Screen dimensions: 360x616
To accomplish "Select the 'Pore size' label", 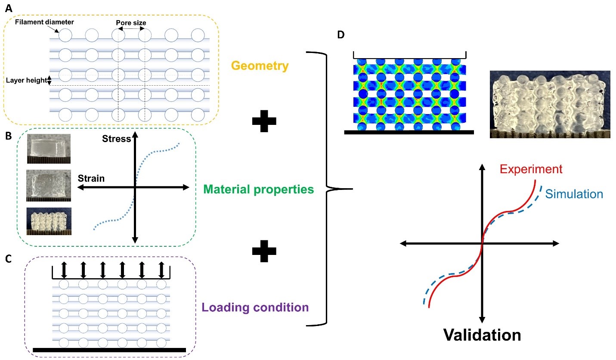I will point(131,22).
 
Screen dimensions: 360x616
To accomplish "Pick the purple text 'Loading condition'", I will point(255,307).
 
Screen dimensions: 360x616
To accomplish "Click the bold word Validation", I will point(482,335).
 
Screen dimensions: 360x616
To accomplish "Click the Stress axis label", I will point(116,140).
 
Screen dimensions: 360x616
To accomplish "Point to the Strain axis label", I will point(91,178).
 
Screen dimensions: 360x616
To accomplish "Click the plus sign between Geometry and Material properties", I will point(263,123).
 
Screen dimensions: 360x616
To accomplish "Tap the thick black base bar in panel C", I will point(109,349).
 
